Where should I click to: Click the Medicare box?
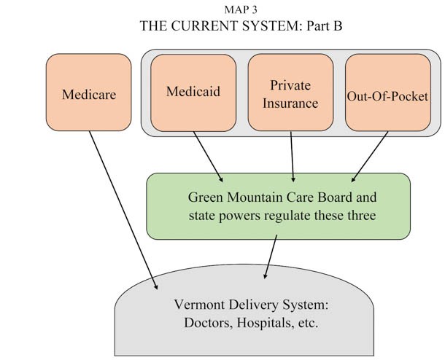(x=88, y=95)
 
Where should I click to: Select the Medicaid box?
(x=193, y=93)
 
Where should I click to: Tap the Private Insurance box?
(x=290, y=93)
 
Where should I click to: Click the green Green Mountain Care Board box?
(x=278, y=206)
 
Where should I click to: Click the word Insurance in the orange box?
(x=291, y=103)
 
